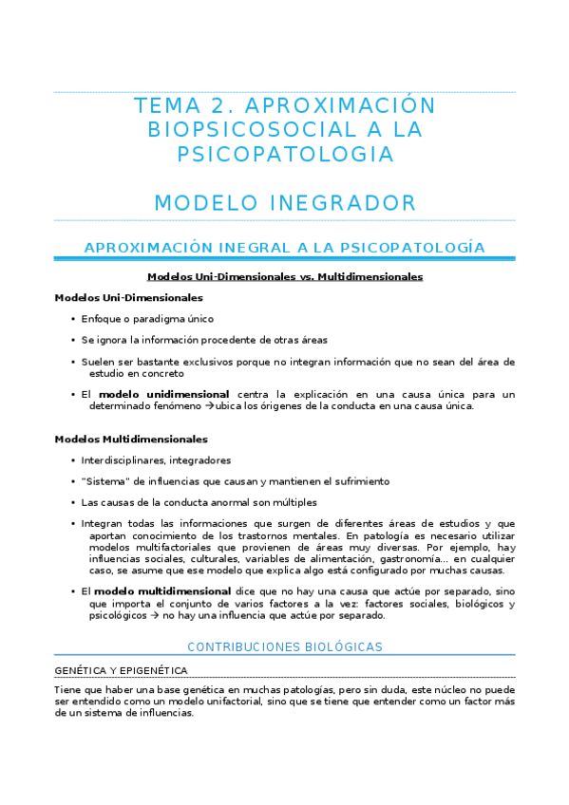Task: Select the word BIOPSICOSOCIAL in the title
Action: [x=251, y=129]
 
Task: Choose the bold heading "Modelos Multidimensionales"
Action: [x=131, y=440]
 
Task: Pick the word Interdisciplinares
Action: [x=125, y=460]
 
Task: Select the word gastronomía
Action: [x=409, y=559]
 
